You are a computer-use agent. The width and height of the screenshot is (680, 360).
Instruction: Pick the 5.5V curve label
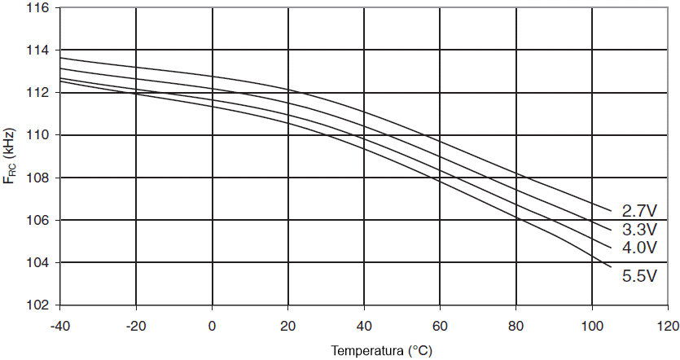pyautogui.click(x=639, y=277)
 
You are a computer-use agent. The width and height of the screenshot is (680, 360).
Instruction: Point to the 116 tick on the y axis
pyautogui.click(x=38, y=7)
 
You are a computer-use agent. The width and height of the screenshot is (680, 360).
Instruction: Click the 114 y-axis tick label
pyautogui.click(x=38, y=50)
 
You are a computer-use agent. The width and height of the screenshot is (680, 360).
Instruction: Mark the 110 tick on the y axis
pyautogui.click(x=38, y=135)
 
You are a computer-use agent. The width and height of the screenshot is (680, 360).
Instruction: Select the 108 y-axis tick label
pyautogui.click(x=38, y=178)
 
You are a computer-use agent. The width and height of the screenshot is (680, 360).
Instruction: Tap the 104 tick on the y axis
pyautogui.click(x=38, y=263)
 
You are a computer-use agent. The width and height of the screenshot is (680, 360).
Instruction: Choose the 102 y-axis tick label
pyautogui.click(x=38, y=305)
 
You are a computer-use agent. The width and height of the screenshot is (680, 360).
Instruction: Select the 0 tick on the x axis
pyautogui.click(x=212, y=326)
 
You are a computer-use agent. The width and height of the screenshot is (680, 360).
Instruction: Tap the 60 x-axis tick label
pyautogui.click(x=440, y=326)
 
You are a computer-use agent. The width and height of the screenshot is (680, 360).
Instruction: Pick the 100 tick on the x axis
pyautogui.click(x=592, y=326)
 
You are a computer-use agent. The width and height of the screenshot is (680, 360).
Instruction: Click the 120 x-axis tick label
pyautogui.click(x=668, y=326)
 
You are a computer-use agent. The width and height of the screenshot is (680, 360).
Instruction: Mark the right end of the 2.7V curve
pyautogui.click(x=611, y=211)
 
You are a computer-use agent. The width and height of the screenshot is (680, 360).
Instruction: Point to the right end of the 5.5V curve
pyautogui.click(x=611, y=265)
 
